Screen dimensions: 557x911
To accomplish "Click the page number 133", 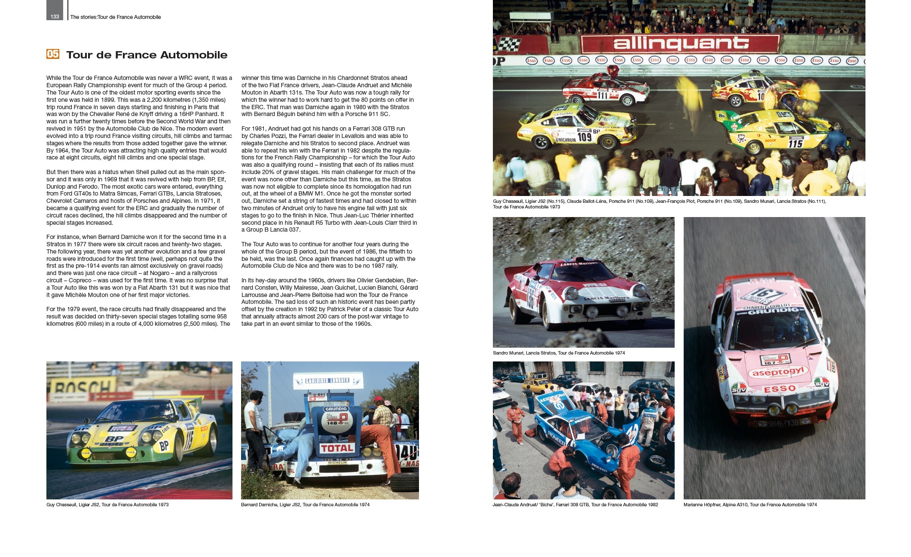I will coord(55,17).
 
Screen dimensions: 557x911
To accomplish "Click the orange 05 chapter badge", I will coord(53,54).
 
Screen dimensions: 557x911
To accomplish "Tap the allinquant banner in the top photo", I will coord(681,44).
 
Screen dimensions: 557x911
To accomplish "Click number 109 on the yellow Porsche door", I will coord(584,137).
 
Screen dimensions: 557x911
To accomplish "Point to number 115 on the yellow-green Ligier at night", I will coord(795,144).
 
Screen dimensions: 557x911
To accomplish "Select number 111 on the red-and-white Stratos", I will coord(602,95).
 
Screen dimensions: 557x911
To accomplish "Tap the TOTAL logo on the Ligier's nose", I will coord(337,448).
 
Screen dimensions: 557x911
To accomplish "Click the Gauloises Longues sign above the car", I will coord(327,381).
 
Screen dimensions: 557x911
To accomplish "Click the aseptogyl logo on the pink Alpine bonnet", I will coord(778,372).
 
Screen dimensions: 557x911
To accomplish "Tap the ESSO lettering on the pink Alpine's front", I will coord(780,389).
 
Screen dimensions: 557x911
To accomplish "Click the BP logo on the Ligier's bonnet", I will coord(115,439).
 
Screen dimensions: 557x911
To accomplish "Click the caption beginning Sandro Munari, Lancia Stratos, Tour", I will coord(559,353).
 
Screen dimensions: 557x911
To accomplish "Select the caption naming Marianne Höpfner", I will coord(750,505).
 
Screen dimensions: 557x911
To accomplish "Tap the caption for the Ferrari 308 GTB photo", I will coord(575,505).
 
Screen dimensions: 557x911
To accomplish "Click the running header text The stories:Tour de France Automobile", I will coord(116,17).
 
